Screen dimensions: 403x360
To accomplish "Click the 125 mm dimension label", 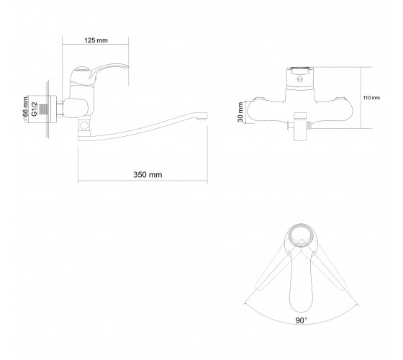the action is (96, 40).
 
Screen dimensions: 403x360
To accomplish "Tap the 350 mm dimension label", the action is (148, 175).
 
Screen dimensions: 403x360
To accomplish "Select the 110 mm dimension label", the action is (371, 98).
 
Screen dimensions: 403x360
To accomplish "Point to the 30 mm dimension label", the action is (240, 112).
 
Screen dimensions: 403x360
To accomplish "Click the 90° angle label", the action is (302, 320).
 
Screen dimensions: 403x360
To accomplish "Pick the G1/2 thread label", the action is (35, 109).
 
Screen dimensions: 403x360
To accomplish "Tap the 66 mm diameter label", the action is (25, 109).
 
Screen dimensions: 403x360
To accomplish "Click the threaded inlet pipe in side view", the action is (42, 109).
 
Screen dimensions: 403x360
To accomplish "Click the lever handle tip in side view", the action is (125, 66).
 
